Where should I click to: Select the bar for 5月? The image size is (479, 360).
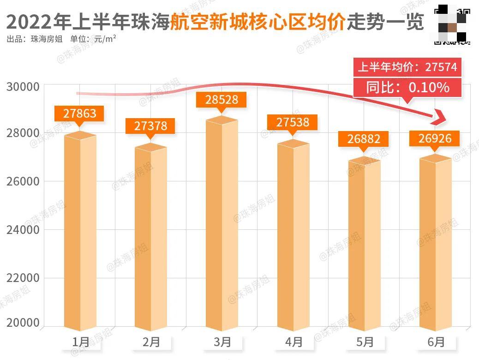364,245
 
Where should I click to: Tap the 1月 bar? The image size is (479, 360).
80,231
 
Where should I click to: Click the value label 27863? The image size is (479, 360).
80,114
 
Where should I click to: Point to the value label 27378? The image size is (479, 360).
151,126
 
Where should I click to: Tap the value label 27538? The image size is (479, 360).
293,122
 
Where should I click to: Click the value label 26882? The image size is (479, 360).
364,139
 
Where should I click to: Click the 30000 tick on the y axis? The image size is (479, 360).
23,86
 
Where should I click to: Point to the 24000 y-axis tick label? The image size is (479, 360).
23,229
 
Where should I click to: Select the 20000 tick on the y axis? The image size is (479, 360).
23,323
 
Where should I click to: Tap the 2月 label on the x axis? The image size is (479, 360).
151,342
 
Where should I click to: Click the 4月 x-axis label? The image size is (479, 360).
293,342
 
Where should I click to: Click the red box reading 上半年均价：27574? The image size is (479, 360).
407,67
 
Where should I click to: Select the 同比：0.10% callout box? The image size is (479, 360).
407,87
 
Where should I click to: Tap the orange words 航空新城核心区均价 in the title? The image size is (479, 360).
257,22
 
